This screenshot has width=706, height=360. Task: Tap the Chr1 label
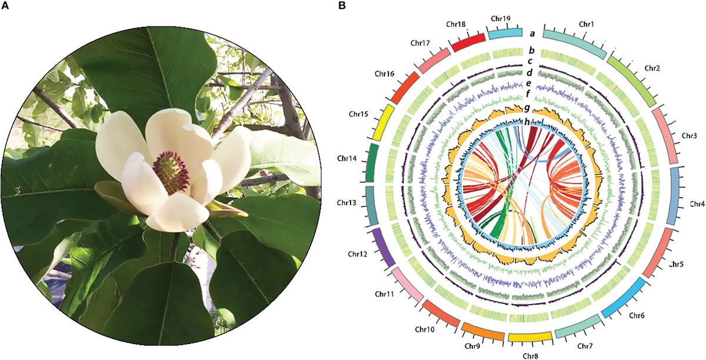pyautogui.click(x=586, y=24)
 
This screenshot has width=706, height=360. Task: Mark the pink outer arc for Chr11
pyautogui.click(x=408, y=285)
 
